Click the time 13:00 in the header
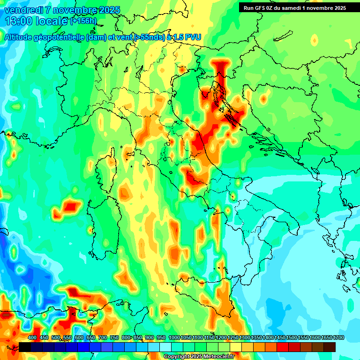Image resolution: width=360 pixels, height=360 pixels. click(x=20, y=21)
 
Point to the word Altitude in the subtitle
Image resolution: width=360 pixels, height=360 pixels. click(x=21, y=37)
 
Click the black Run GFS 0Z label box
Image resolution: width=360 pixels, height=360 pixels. click(x=294, y=7)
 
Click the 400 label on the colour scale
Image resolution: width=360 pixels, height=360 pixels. click(x=32, y=337)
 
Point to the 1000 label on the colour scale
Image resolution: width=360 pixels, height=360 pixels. click(x=174, y=337)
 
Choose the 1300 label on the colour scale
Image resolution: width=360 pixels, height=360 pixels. click(x=245, y=337)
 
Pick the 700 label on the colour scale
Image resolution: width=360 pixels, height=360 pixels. click(x=103, y=337)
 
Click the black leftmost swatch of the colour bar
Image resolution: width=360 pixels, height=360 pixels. click(x=24, y=347)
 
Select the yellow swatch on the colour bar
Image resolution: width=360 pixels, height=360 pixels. click(x=236, y=347)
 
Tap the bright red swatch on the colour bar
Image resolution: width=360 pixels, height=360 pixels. click(x=283, y=347)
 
